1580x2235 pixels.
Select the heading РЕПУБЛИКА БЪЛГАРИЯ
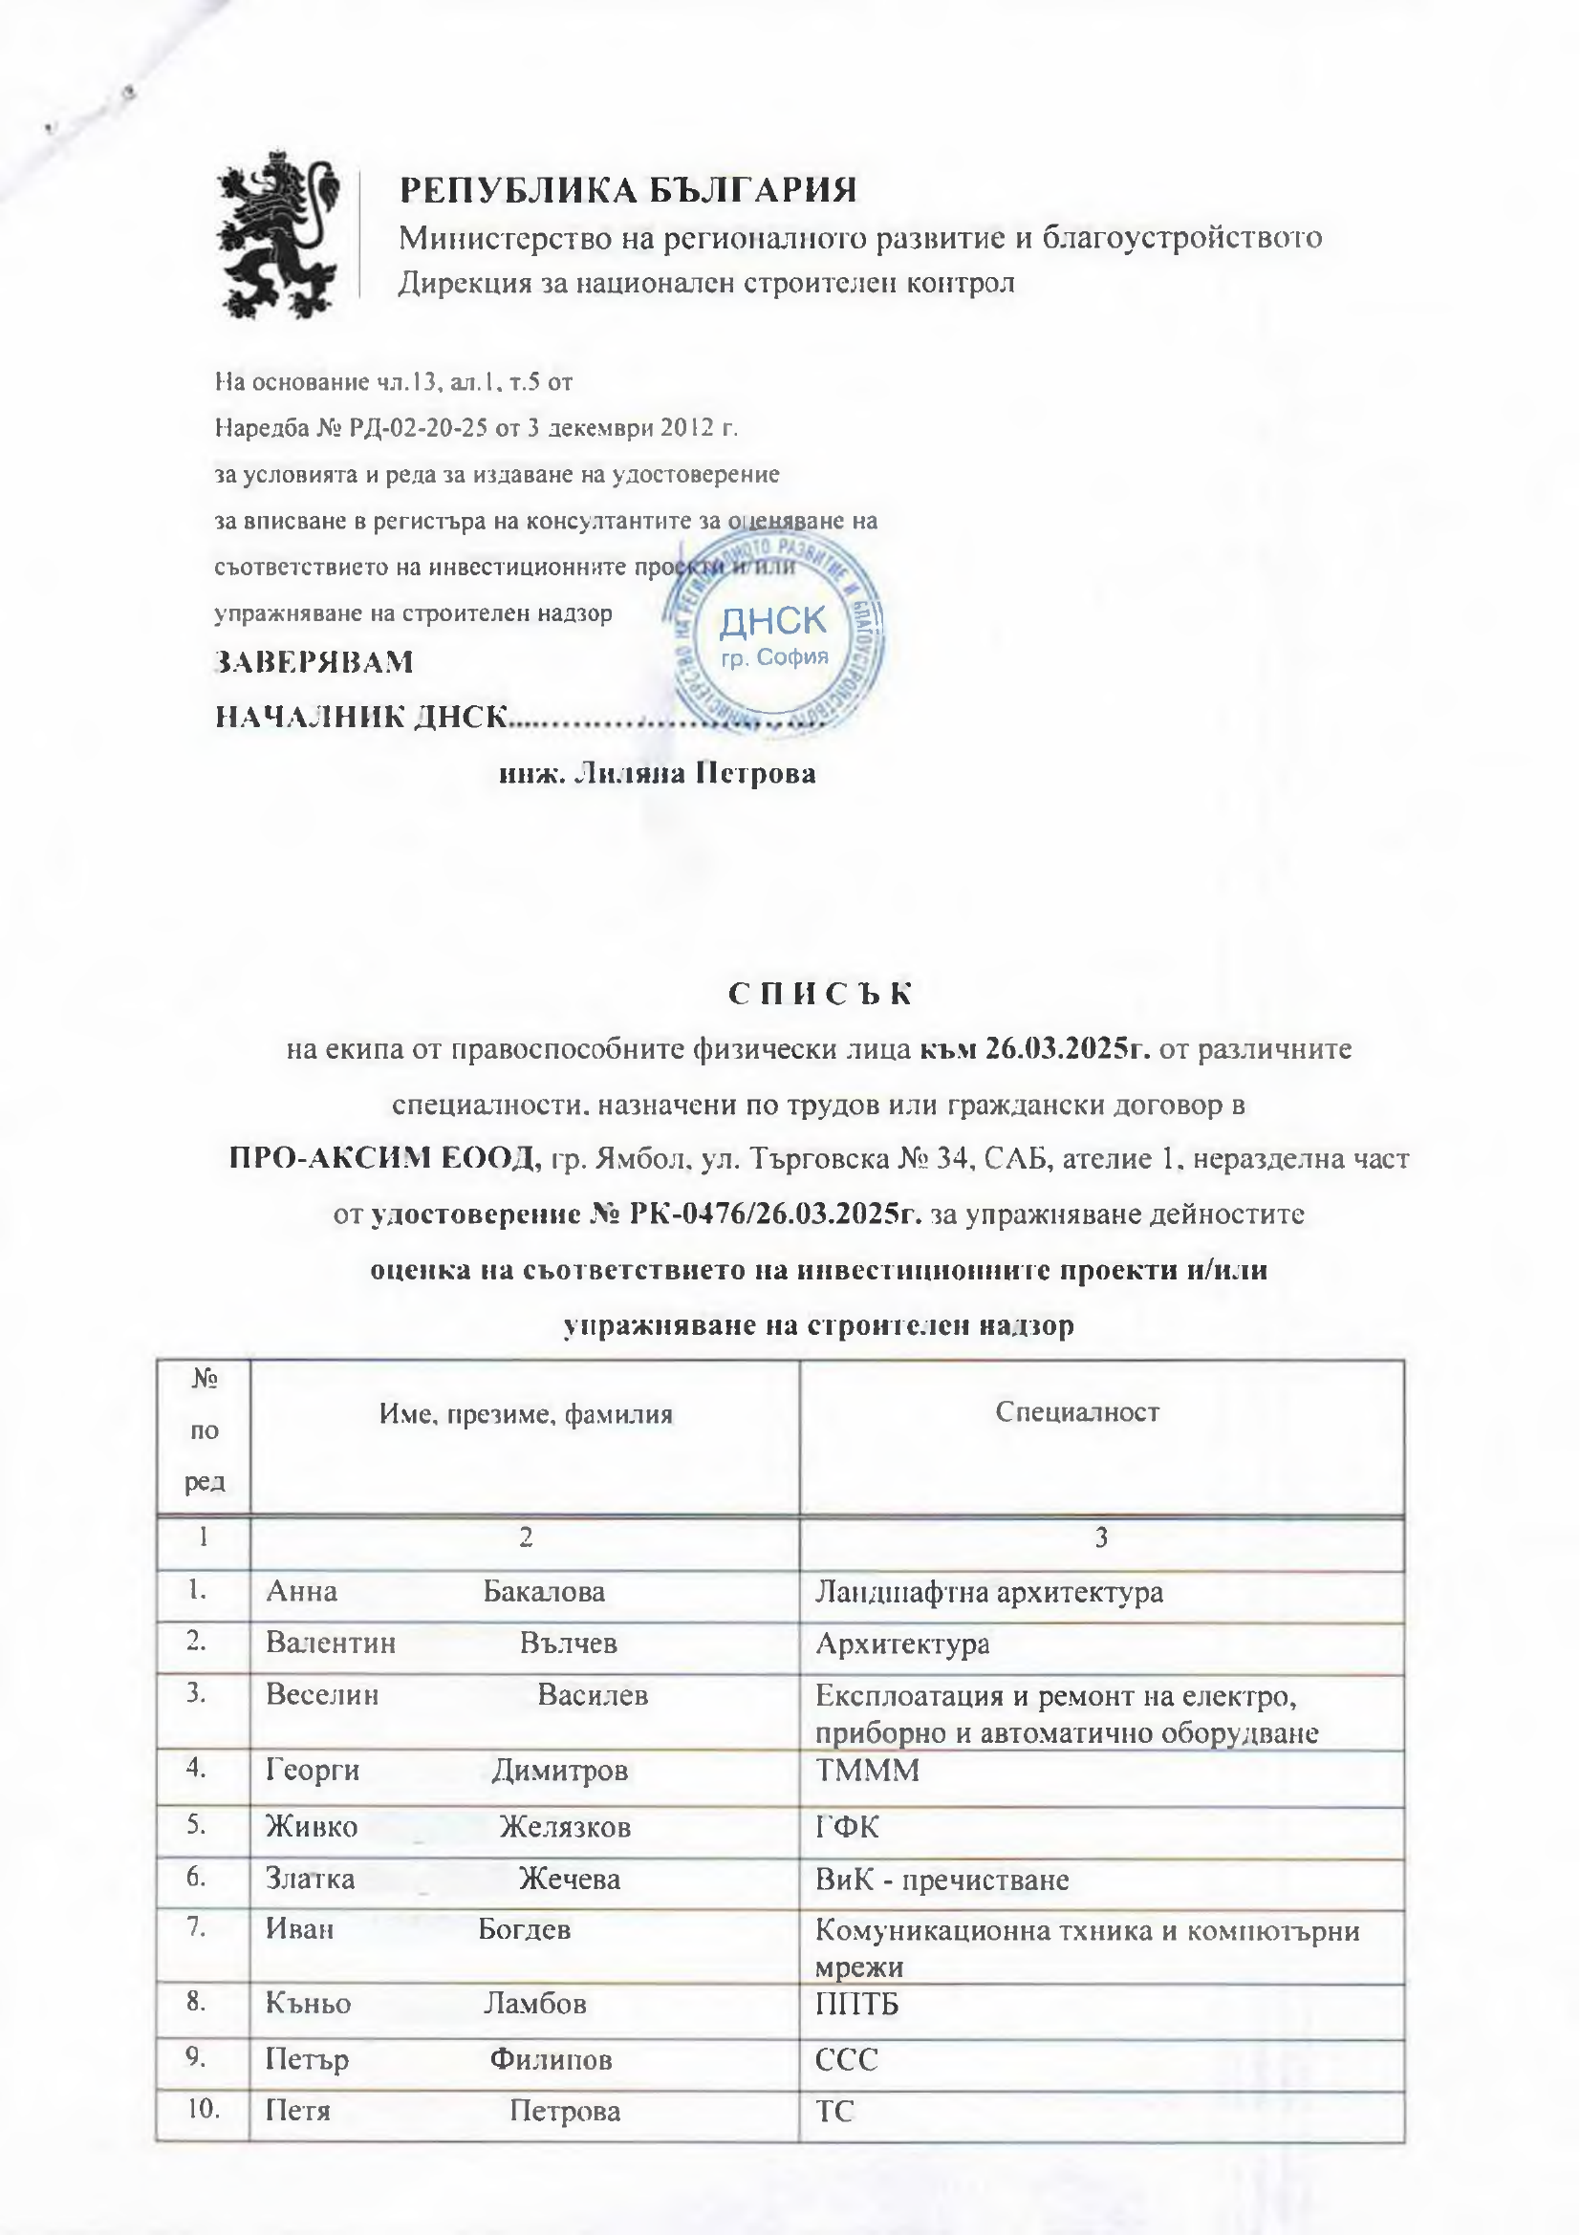628,189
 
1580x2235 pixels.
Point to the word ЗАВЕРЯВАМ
314,662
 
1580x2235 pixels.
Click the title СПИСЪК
821,993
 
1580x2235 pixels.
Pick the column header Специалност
1076,1412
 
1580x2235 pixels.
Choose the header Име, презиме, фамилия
526,1413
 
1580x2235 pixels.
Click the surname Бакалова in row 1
544,1592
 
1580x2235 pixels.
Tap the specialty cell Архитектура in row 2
902,1644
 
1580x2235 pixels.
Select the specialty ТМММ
866,1770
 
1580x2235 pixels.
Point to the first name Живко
312,1826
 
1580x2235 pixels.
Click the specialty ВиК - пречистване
942,1879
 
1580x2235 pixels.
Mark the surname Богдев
524,1929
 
